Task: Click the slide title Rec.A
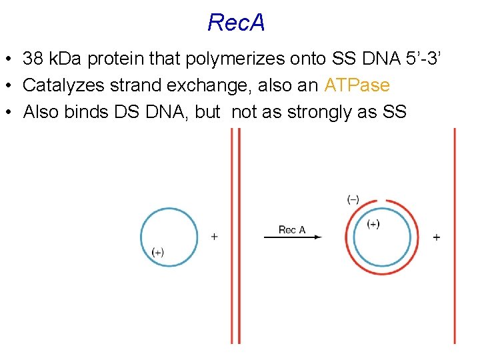point(236,23)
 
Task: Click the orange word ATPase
point(357,86)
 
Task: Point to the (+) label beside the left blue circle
point(158,252)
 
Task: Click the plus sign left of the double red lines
point(214,236)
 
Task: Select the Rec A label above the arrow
point(292,230)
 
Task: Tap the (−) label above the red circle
point(353,199)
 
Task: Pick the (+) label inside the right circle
point(373,224)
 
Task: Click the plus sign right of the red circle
point(437,237)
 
